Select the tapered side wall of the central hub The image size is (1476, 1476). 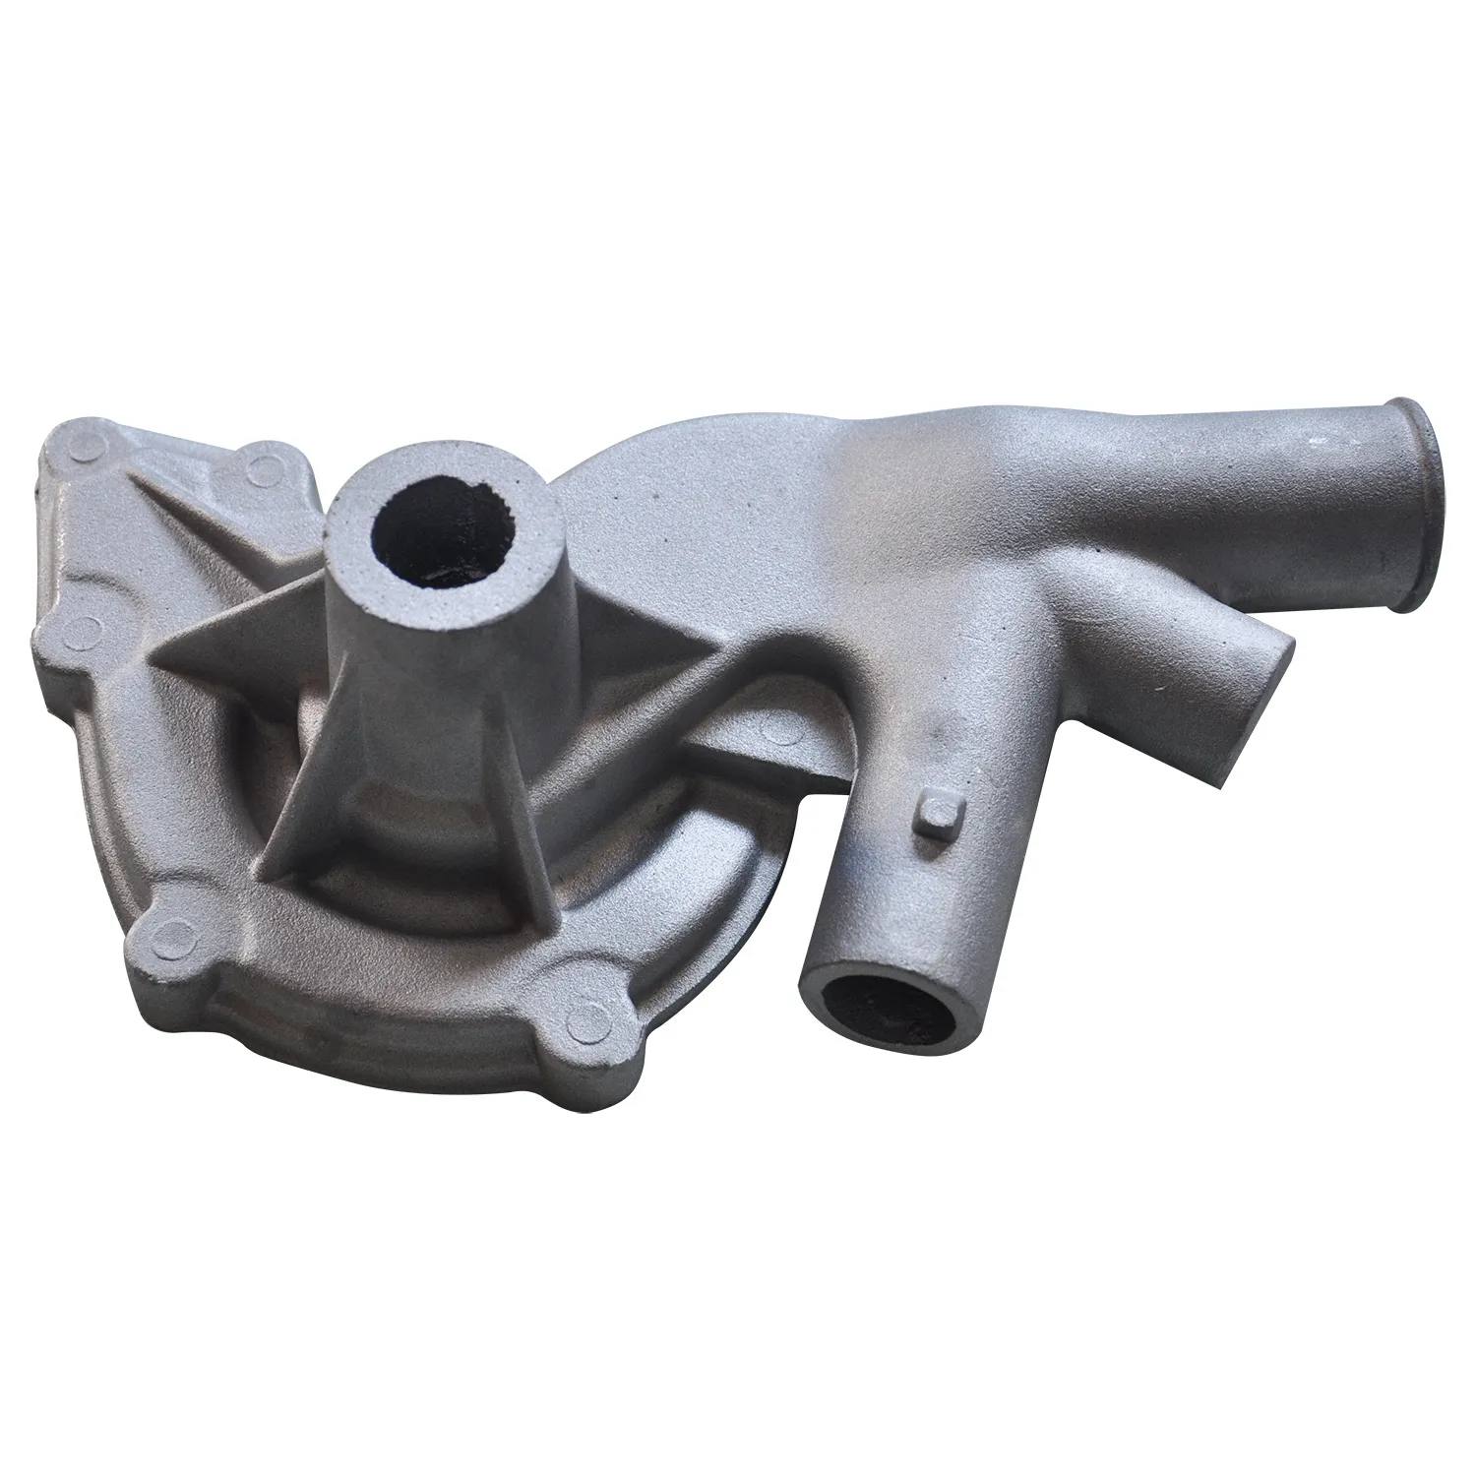[413, 669]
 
